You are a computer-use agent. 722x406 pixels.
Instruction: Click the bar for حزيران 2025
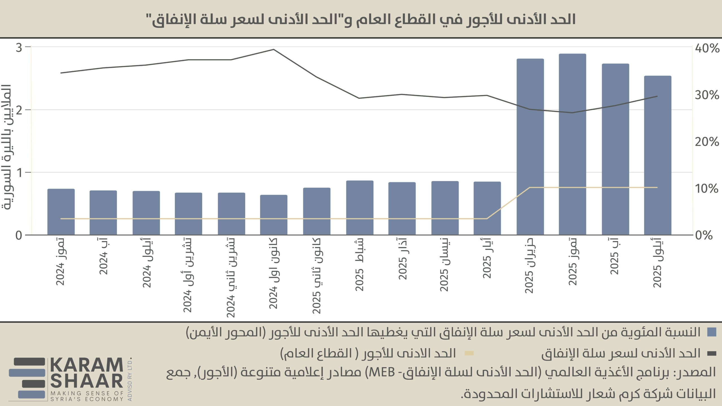(530, 147)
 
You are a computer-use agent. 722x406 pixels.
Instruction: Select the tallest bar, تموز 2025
(572, 144)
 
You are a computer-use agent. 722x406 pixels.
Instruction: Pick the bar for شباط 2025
(360, 208)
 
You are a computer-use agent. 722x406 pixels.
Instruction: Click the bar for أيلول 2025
(658, 155)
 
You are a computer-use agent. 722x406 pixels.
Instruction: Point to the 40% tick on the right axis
(707, 48)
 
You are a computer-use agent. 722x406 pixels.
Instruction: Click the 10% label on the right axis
(706, 189)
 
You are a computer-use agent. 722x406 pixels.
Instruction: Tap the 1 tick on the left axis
(19, 173)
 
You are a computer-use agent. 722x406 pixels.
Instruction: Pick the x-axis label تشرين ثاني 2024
(231, 278)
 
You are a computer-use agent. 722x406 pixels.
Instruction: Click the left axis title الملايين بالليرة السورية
(6, 147)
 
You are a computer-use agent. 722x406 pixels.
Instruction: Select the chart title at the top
(361, 19)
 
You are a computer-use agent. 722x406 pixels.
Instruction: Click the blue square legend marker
(712, 332)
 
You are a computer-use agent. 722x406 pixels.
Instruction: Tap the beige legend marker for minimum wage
(469, 353)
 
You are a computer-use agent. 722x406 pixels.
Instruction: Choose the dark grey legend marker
(712, 353)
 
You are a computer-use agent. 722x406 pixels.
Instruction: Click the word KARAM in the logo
(87, 365)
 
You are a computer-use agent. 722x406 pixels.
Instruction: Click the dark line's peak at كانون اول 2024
(274, 50)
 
